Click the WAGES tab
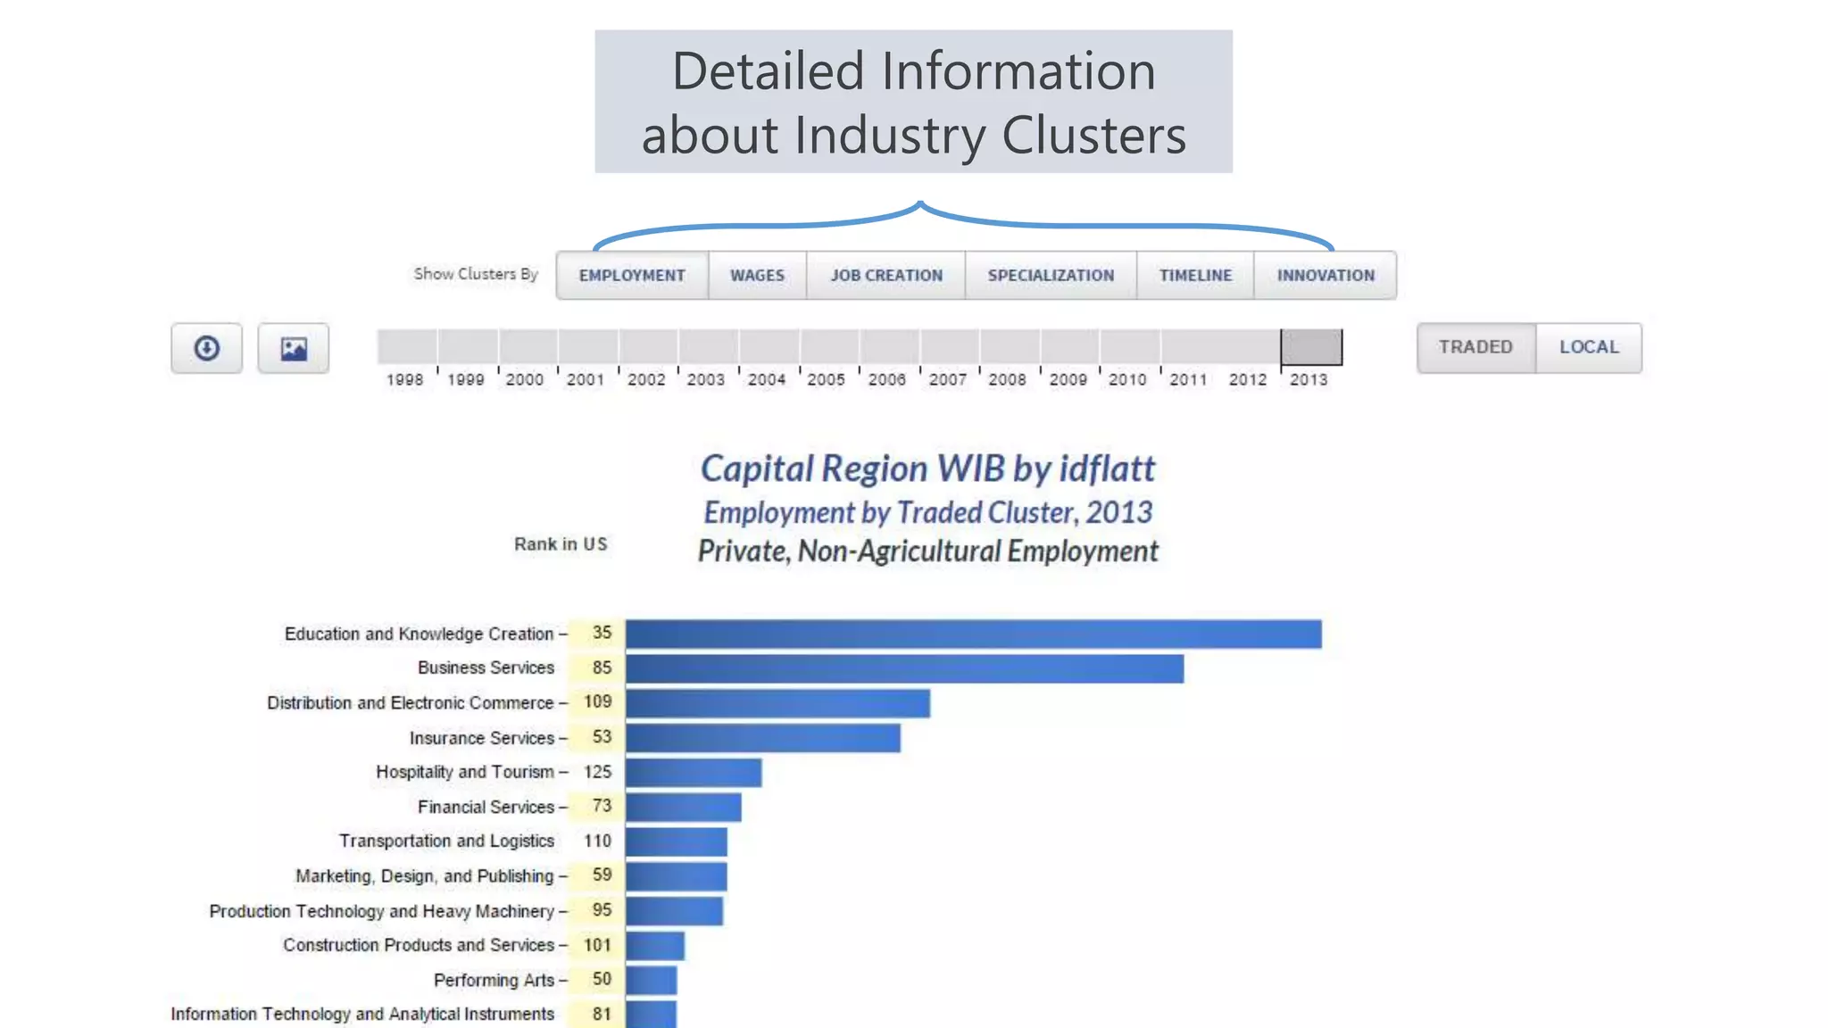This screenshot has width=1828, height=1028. (x=757, y=276)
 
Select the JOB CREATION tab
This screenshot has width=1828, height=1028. (x=886, y=276)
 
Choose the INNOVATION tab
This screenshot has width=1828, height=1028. (x=1325, y=276)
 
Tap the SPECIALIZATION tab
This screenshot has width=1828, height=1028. (x=1051, y=276)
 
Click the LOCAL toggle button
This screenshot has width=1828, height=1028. (x=1589, y=347)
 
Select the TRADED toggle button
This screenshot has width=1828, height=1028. (x=1475, y=347)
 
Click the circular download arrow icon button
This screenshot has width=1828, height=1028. (x=207, y=348)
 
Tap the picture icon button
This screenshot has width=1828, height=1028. (x=294, y=348)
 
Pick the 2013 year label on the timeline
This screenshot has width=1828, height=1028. (x=1309, y=380)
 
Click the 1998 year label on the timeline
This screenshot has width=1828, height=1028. (x=404, y=380)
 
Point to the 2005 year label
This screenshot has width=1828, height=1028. (x=826, y=380)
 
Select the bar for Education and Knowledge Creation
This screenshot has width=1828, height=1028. (x=973, y=634)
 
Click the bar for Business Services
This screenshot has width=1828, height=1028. (x=904, y=669)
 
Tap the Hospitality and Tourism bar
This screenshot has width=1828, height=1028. (x=694, y=773)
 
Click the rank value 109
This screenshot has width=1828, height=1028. (x=597, y=702)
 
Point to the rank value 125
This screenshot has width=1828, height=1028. (x=597, y=772)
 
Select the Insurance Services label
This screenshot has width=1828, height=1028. (x=482, y=738)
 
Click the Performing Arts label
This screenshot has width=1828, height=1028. (x=494, y=980)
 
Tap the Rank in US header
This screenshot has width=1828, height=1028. (x=561, y=544)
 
